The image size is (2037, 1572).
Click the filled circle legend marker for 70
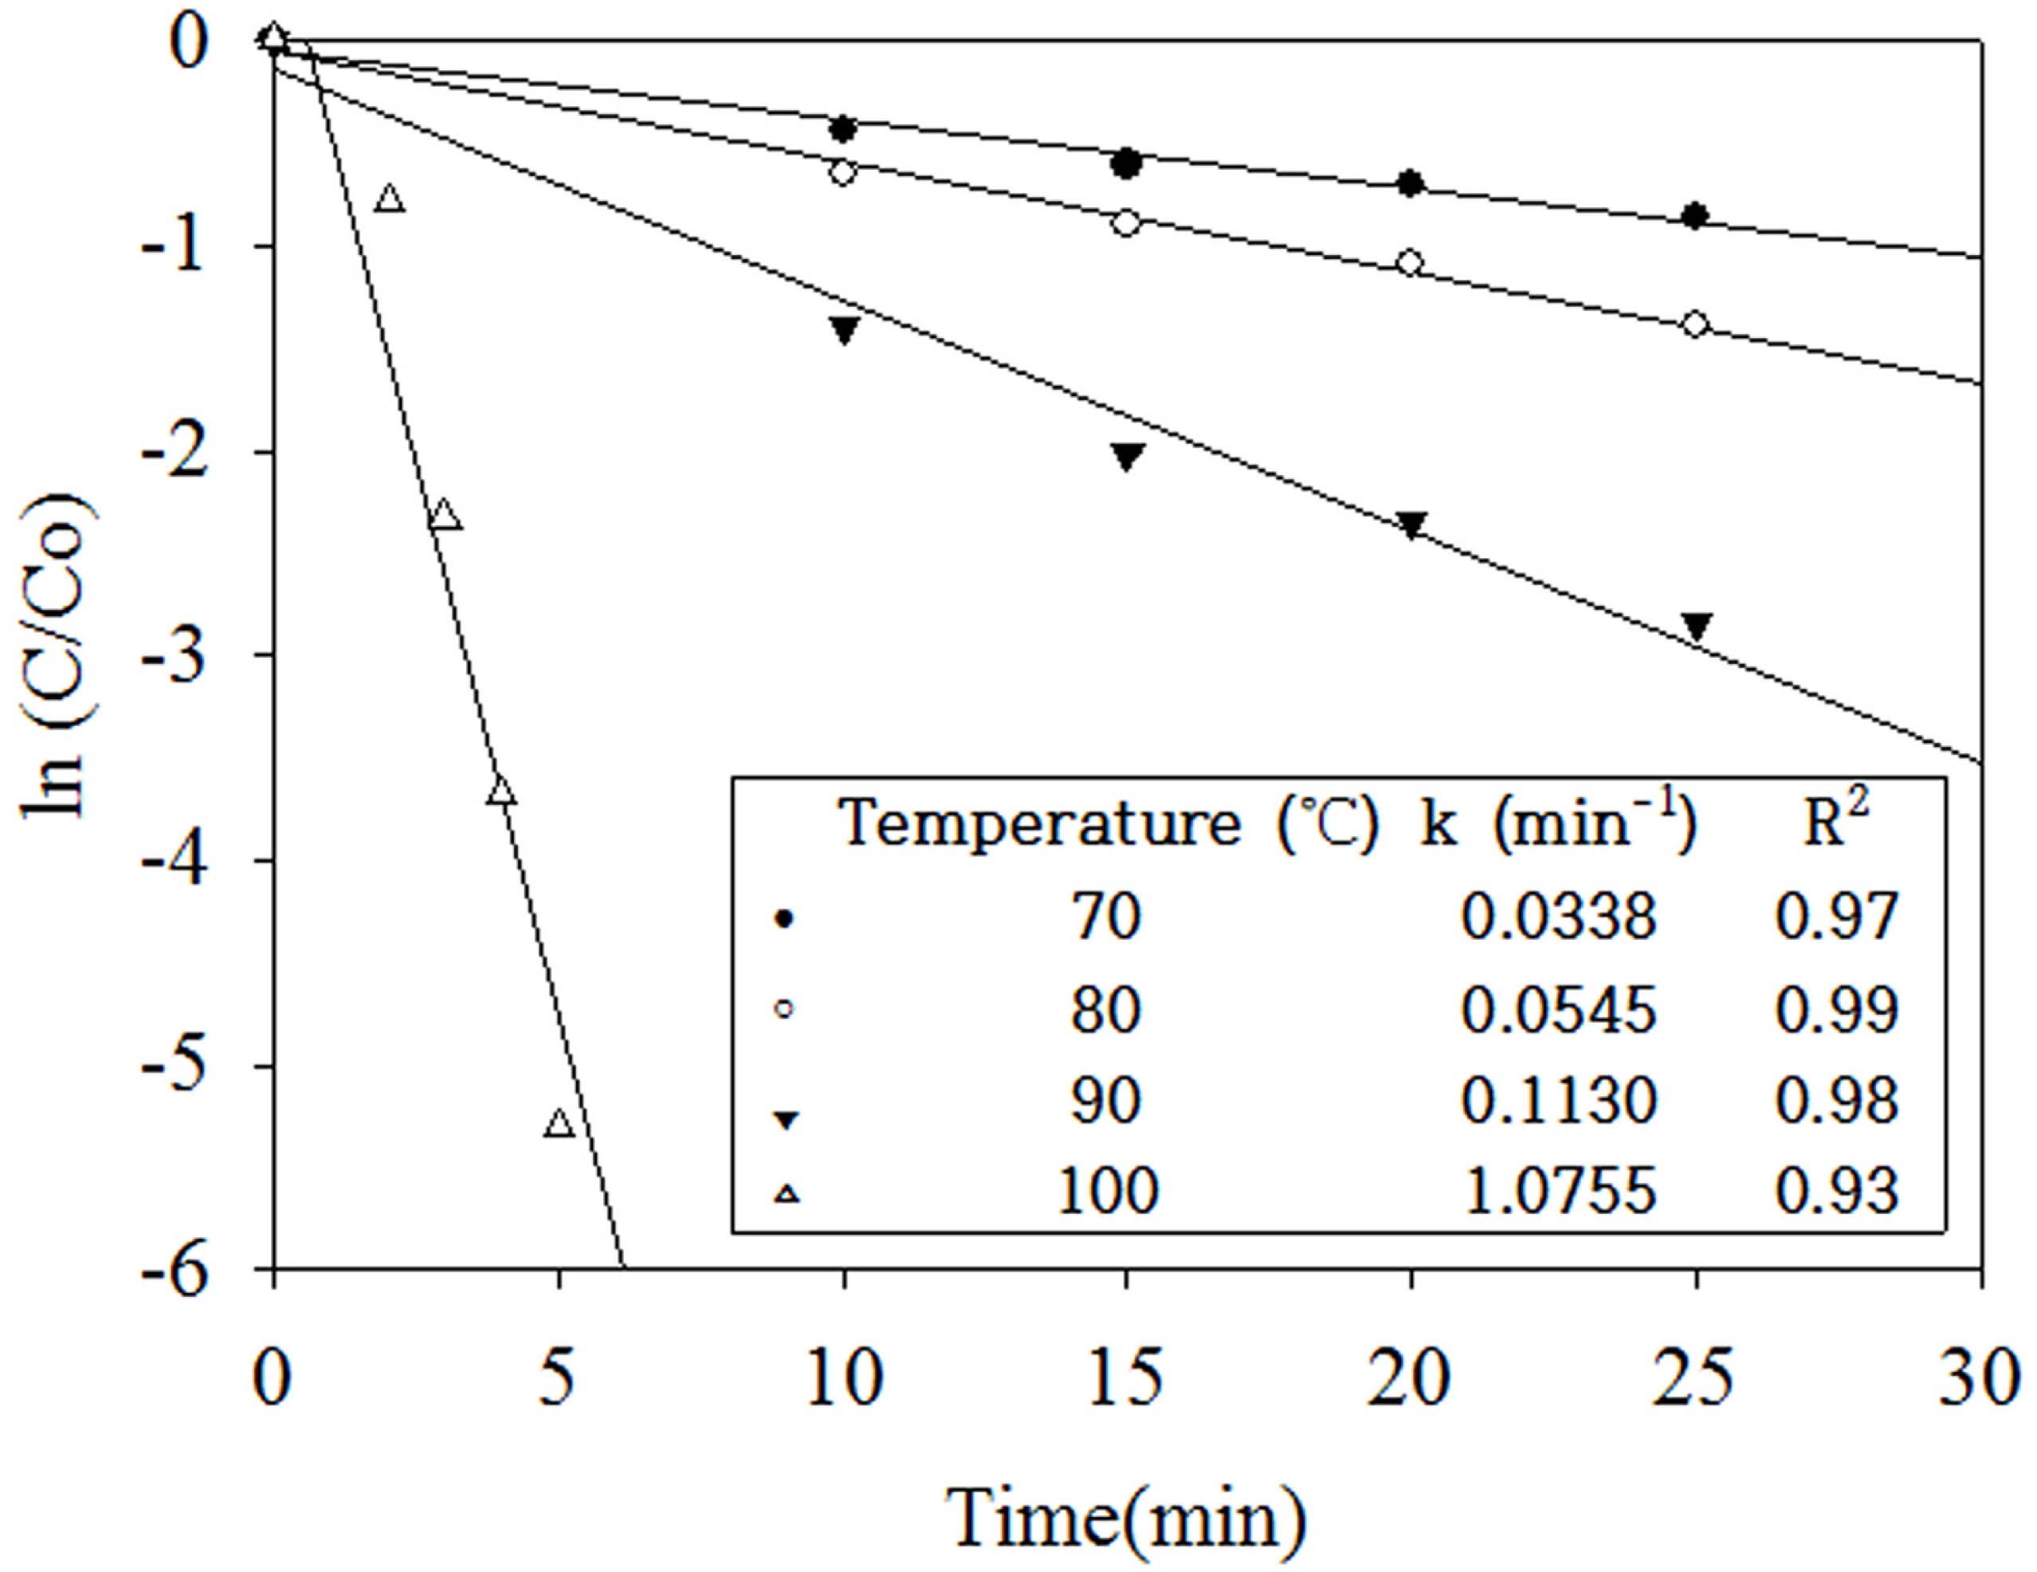[x=784, y=920]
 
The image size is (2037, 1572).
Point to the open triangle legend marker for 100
[x=788, y=1193]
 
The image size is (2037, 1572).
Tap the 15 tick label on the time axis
[x=1127, y=1378]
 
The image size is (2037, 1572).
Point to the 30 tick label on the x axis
[x=1981, y=1378]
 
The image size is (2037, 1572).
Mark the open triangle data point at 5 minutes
[x=559, y=1122]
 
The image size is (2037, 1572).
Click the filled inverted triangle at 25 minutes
[x=1697, y=625]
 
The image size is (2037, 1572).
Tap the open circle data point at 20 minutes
[x=1411, y=262]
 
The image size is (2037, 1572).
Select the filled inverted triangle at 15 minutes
[x=1127, y=455]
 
